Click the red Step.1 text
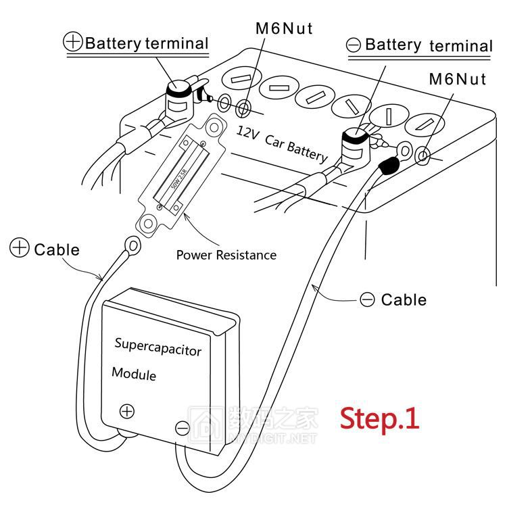point(379,418)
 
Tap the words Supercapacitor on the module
point(158,346)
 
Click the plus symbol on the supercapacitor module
point(127,410)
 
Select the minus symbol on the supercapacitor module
point(182,428)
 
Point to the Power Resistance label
point(226,255)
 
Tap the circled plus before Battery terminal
point(73,42)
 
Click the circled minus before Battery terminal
point(353,45)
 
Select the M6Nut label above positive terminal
point(284,28)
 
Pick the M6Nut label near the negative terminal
point(458,79)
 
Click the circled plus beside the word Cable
point(20,249)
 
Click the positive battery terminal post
point(179,92)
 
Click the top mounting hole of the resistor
point(214,126)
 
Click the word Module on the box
point(133,374)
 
